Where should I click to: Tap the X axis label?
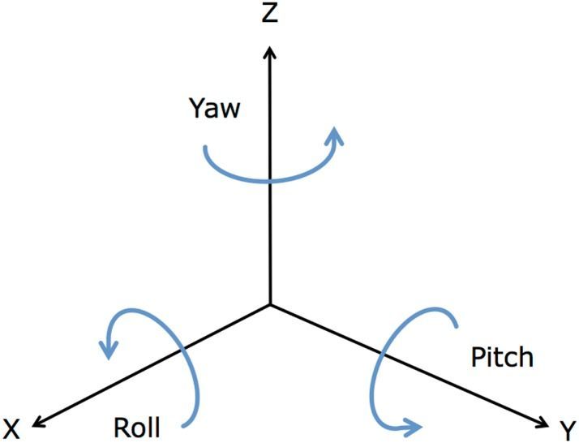(x=11, y=428)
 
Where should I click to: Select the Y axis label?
(x=567, y=428)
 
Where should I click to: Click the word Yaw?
(x=214, y=109)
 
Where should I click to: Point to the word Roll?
(x=137, y=428)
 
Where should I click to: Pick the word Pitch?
(x=503, y=357)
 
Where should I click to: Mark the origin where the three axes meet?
(x=270, y=306)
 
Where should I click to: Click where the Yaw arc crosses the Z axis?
(x=270, y=180)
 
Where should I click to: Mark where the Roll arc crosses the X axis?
(x=183, y=350)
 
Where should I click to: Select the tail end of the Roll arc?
(x=188, y=424)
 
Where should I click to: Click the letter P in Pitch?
(x=478, y=357)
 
